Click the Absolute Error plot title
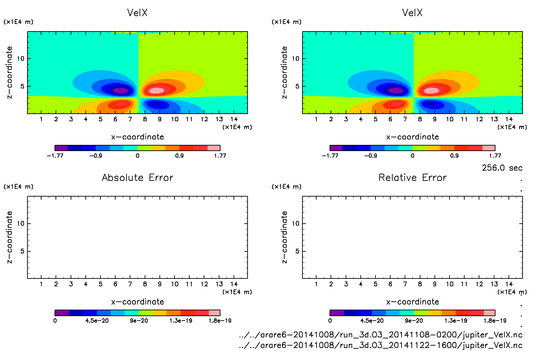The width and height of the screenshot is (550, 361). click(x=137, y=177)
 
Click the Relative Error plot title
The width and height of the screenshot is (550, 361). click(x=412, y=177)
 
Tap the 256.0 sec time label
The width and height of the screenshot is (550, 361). click(x=502, y=168)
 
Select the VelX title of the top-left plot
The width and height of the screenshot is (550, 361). click(x=137, y=13)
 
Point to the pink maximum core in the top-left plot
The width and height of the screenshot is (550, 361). click(x=157, y=90)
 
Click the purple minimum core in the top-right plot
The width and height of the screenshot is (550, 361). click(x=396, y=90)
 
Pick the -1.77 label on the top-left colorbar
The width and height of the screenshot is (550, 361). click(x=55, y=155)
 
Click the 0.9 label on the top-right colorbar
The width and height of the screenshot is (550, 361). click(x=454, y=155)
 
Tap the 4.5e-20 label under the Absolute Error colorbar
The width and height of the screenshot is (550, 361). click(x=97, y=321)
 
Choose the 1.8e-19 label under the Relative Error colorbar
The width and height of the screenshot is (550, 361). click(x=495, y=321)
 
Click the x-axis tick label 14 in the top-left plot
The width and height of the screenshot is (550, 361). click(x=234, y=119)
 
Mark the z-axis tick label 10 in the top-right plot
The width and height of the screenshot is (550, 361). click(x=296, y=59)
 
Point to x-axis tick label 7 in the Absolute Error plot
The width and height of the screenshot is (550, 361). click(x=130, y=284)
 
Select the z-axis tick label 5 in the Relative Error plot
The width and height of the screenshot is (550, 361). click(x=297, y=251)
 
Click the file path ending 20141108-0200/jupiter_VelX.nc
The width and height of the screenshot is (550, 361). click(x=381, y=335)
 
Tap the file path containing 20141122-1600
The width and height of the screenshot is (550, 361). click(x=381, y=345)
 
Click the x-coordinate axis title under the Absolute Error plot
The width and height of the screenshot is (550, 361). click(x=137, y=302)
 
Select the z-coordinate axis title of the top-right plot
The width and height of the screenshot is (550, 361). click(x=284, y=73)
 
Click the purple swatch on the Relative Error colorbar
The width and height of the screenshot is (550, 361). click(x=337, y=313)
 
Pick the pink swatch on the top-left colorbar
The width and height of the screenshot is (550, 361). click(x=214, y=148)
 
